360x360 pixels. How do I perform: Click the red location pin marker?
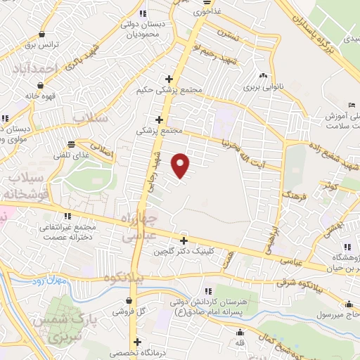181,165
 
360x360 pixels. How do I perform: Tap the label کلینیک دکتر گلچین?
232,251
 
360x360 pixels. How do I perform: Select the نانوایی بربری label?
262,89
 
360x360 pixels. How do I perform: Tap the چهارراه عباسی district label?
139,229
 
